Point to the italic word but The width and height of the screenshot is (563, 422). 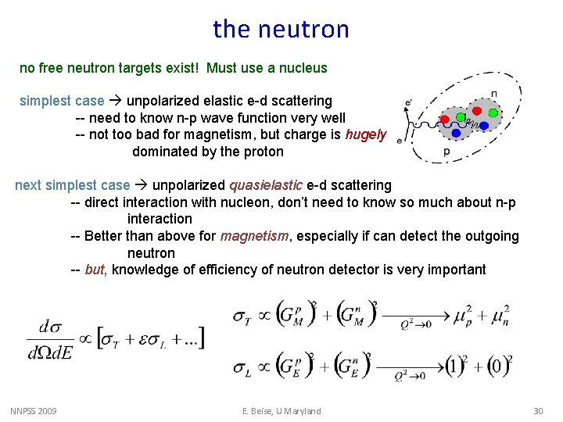(x=95, y=270)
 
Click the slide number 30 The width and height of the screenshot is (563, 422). (x=537, y=411)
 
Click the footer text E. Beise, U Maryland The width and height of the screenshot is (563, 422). (x=281, y=411)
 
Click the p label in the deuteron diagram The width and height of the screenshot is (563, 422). (x=446, y=151)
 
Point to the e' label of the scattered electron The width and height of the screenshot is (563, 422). (x=407, y=102)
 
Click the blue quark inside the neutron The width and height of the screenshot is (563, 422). (x=484, y=124)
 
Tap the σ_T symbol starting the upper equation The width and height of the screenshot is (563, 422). (x=243, y=316)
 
